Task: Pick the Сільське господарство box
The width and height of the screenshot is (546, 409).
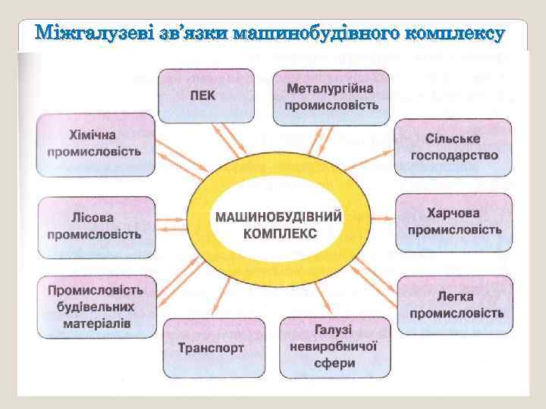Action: coord(453,148)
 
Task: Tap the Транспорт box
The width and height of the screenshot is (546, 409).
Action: coord(212,348)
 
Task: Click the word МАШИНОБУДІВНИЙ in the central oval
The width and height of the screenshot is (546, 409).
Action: coord(279,217)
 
